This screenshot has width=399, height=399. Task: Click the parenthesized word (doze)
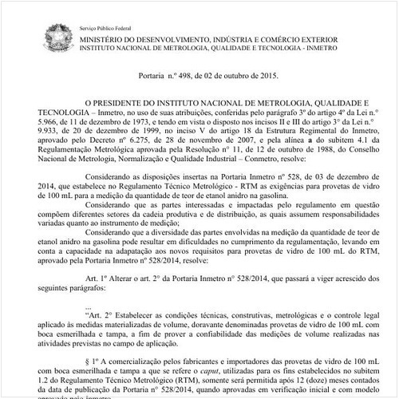(296, 383)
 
